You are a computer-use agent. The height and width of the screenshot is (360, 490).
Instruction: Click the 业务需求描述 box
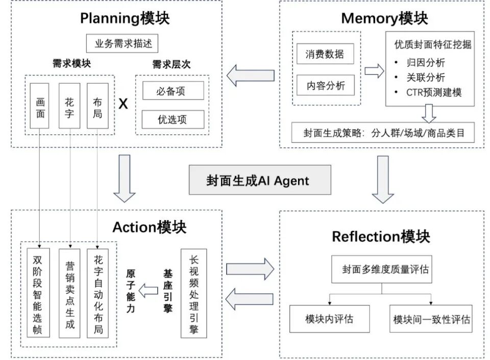[x=122, y=43]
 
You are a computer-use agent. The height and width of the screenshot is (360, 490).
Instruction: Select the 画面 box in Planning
[x=39, y=106]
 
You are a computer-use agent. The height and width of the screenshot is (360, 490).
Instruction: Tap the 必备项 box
[x=173, y=90]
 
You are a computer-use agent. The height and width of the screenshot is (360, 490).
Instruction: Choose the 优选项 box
[x=173, y=119]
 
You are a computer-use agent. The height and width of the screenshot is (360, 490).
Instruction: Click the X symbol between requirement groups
[x=123, y=104]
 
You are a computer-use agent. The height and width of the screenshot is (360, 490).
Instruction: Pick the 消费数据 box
[x=325, y=54]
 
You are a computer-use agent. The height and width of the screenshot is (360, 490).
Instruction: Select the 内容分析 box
[x=325, y=85]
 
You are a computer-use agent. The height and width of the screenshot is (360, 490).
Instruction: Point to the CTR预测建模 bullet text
[x=434, y=92]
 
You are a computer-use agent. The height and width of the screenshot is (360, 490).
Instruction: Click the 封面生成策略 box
[x=383, y=132]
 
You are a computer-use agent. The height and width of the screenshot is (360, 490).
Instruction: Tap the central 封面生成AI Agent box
[x=260, y=180]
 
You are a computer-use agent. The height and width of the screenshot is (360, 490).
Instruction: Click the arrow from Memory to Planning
[x=250, y=76]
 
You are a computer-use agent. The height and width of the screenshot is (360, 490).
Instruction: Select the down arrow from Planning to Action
[x=125, y=178]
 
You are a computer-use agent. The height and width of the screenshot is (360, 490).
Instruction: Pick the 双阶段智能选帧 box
[x=38, y=293]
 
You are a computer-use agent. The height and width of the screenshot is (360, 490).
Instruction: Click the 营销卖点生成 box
[x=69, y=293]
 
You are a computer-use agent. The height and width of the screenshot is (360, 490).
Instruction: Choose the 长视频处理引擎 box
[x=194, y=293]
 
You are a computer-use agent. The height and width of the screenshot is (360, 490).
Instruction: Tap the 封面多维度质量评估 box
[x=382, y=270]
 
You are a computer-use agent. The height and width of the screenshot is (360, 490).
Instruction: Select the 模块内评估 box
[x=330, y=319]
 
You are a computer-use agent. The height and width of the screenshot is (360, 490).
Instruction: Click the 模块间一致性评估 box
[x=431, y=319]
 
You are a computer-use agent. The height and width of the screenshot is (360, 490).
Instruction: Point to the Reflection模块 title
[x=381, y=236]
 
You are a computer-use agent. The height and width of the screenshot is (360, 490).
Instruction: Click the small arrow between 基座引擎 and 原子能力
[x=148, y=291]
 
